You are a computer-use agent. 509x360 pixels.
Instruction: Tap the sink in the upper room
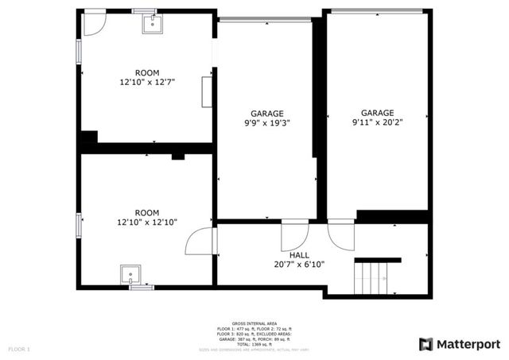[151, 23]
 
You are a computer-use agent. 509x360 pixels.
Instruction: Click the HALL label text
[300, 255]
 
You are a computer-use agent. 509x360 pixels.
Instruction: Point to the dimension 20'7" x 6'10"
[300, 264]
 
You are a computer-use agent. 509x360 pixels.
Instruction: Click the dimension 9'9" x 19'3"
[267, 123]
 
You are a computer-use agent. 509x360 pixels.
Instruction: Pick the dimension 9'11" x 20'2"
[377, 122]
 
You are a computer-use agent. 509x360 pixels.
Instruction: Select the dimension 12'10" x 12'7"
[147, 81]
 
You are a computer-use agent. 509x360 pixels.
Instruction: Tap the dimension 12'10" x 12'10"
[147, 223]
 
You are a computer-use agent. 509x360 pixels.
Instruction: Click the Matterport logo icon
[426, 343]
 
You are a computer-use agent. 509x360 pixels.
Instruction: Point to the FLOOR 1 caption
[19, 349]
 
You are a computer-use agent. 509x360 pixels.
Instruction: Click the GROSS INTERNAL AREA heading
[254, 323]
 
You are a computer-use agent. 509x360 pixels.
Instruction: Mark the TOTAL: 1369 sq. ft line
[254, 343]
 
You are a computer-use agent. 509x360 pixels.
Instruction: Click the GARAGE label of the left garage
[267, 114]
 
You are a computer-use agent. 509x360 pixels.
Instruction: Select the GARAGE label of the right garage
[377, 113]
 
